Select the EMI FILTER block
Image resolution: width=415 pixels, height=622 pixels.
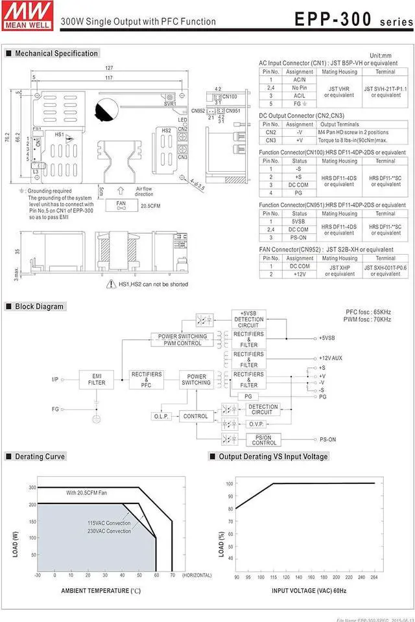97,379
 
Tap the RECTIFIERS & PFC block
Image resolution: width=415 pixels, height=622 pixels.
147,379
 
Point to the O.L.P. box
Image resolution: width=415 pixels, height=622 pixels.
161,416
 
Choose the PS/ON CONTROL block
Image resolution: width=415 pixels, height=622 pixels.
264,441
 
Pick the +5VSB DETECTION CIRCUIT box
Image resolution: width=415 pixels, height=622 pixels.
249,319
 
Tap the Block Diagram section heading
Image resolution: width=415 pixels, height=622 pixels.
39,306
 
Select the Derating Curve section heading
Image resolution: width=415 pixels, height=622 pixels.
40,456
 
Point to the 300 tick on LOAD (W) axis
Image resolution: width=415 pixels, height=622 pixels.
32,487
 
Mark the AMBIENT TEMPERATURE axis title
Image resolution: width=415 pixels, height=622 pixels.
101,591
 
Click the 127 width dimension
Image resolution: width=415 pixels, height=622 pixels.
109,68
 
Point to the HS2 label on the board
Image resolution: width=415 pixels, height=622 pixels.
166,130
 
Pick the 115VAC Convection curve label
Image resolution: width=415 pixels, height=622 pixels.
109,523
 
